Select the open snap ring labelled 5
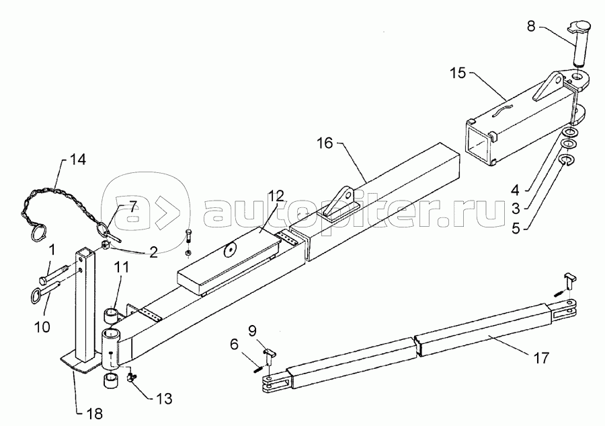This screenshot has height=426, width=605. [x=567, y=160]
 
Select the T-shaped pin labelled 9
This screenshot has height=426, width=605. [x=269, y=353]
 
